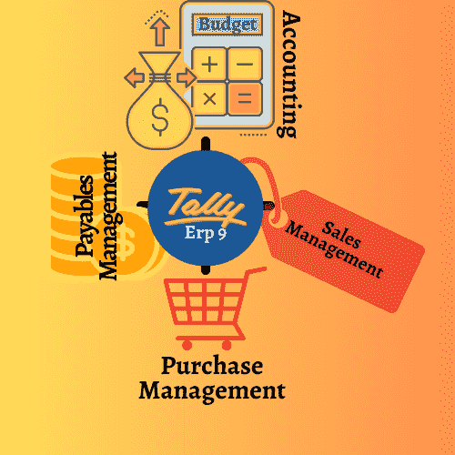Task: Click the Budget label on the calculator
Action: click(227, 25)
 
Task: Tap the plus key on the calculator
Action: click(209, 64)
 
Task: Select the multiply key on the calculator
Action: click(209, 98)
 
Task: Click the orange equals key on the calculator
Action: click(245, 98)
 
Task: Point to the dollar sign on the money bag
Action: click(159, 117)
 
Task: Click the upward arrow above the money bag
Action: click(160, 32)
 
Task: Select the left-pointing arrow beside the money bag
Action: click(134, 77)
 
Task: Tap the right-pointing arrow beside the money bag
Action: click(187, 77)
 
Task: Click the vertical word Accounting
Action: click(288, 75)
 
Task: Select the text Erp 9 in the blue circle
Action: click(206, 233)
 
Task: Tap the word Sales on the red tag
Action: click(341, 235)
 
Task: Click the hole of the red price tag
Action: click(275, 216)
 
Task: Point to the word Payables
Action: click(85, 216)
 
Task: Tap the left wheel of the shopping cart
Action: click(187, 345)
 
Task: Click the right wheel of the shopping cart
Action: click(227, 345)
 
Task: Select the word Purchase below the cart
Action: click(212, 366)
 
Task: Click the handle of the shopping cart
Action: click(256, 270)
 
